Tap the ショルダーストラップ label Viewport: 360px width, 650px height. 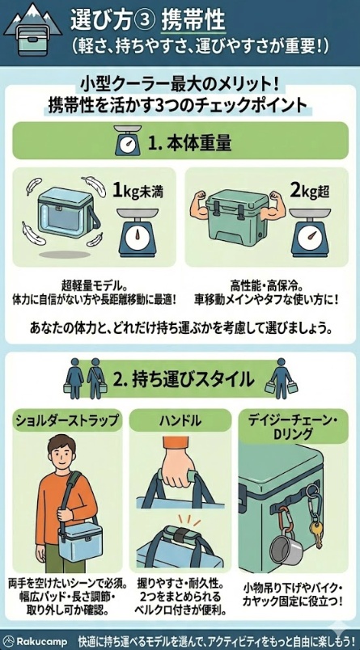point(68,420)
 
